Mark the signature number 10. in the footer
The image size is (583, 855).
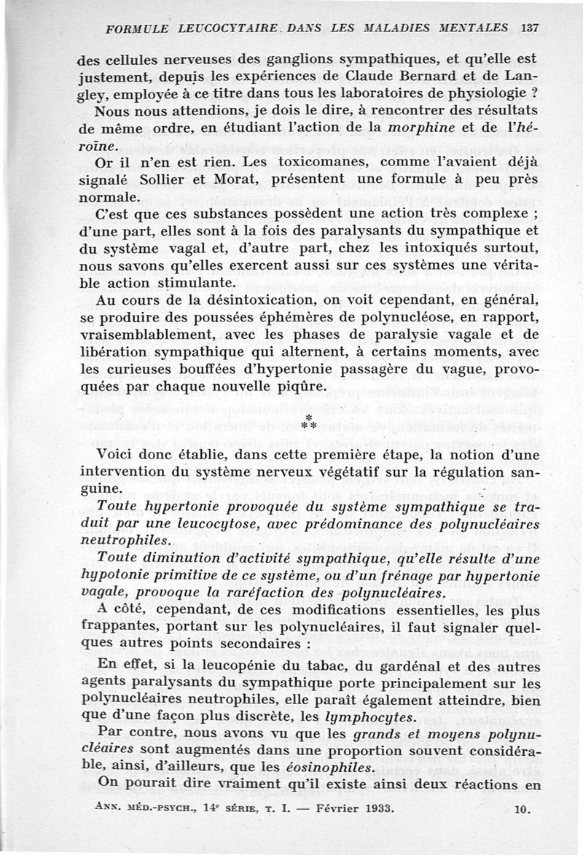[x=523, y=808]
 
